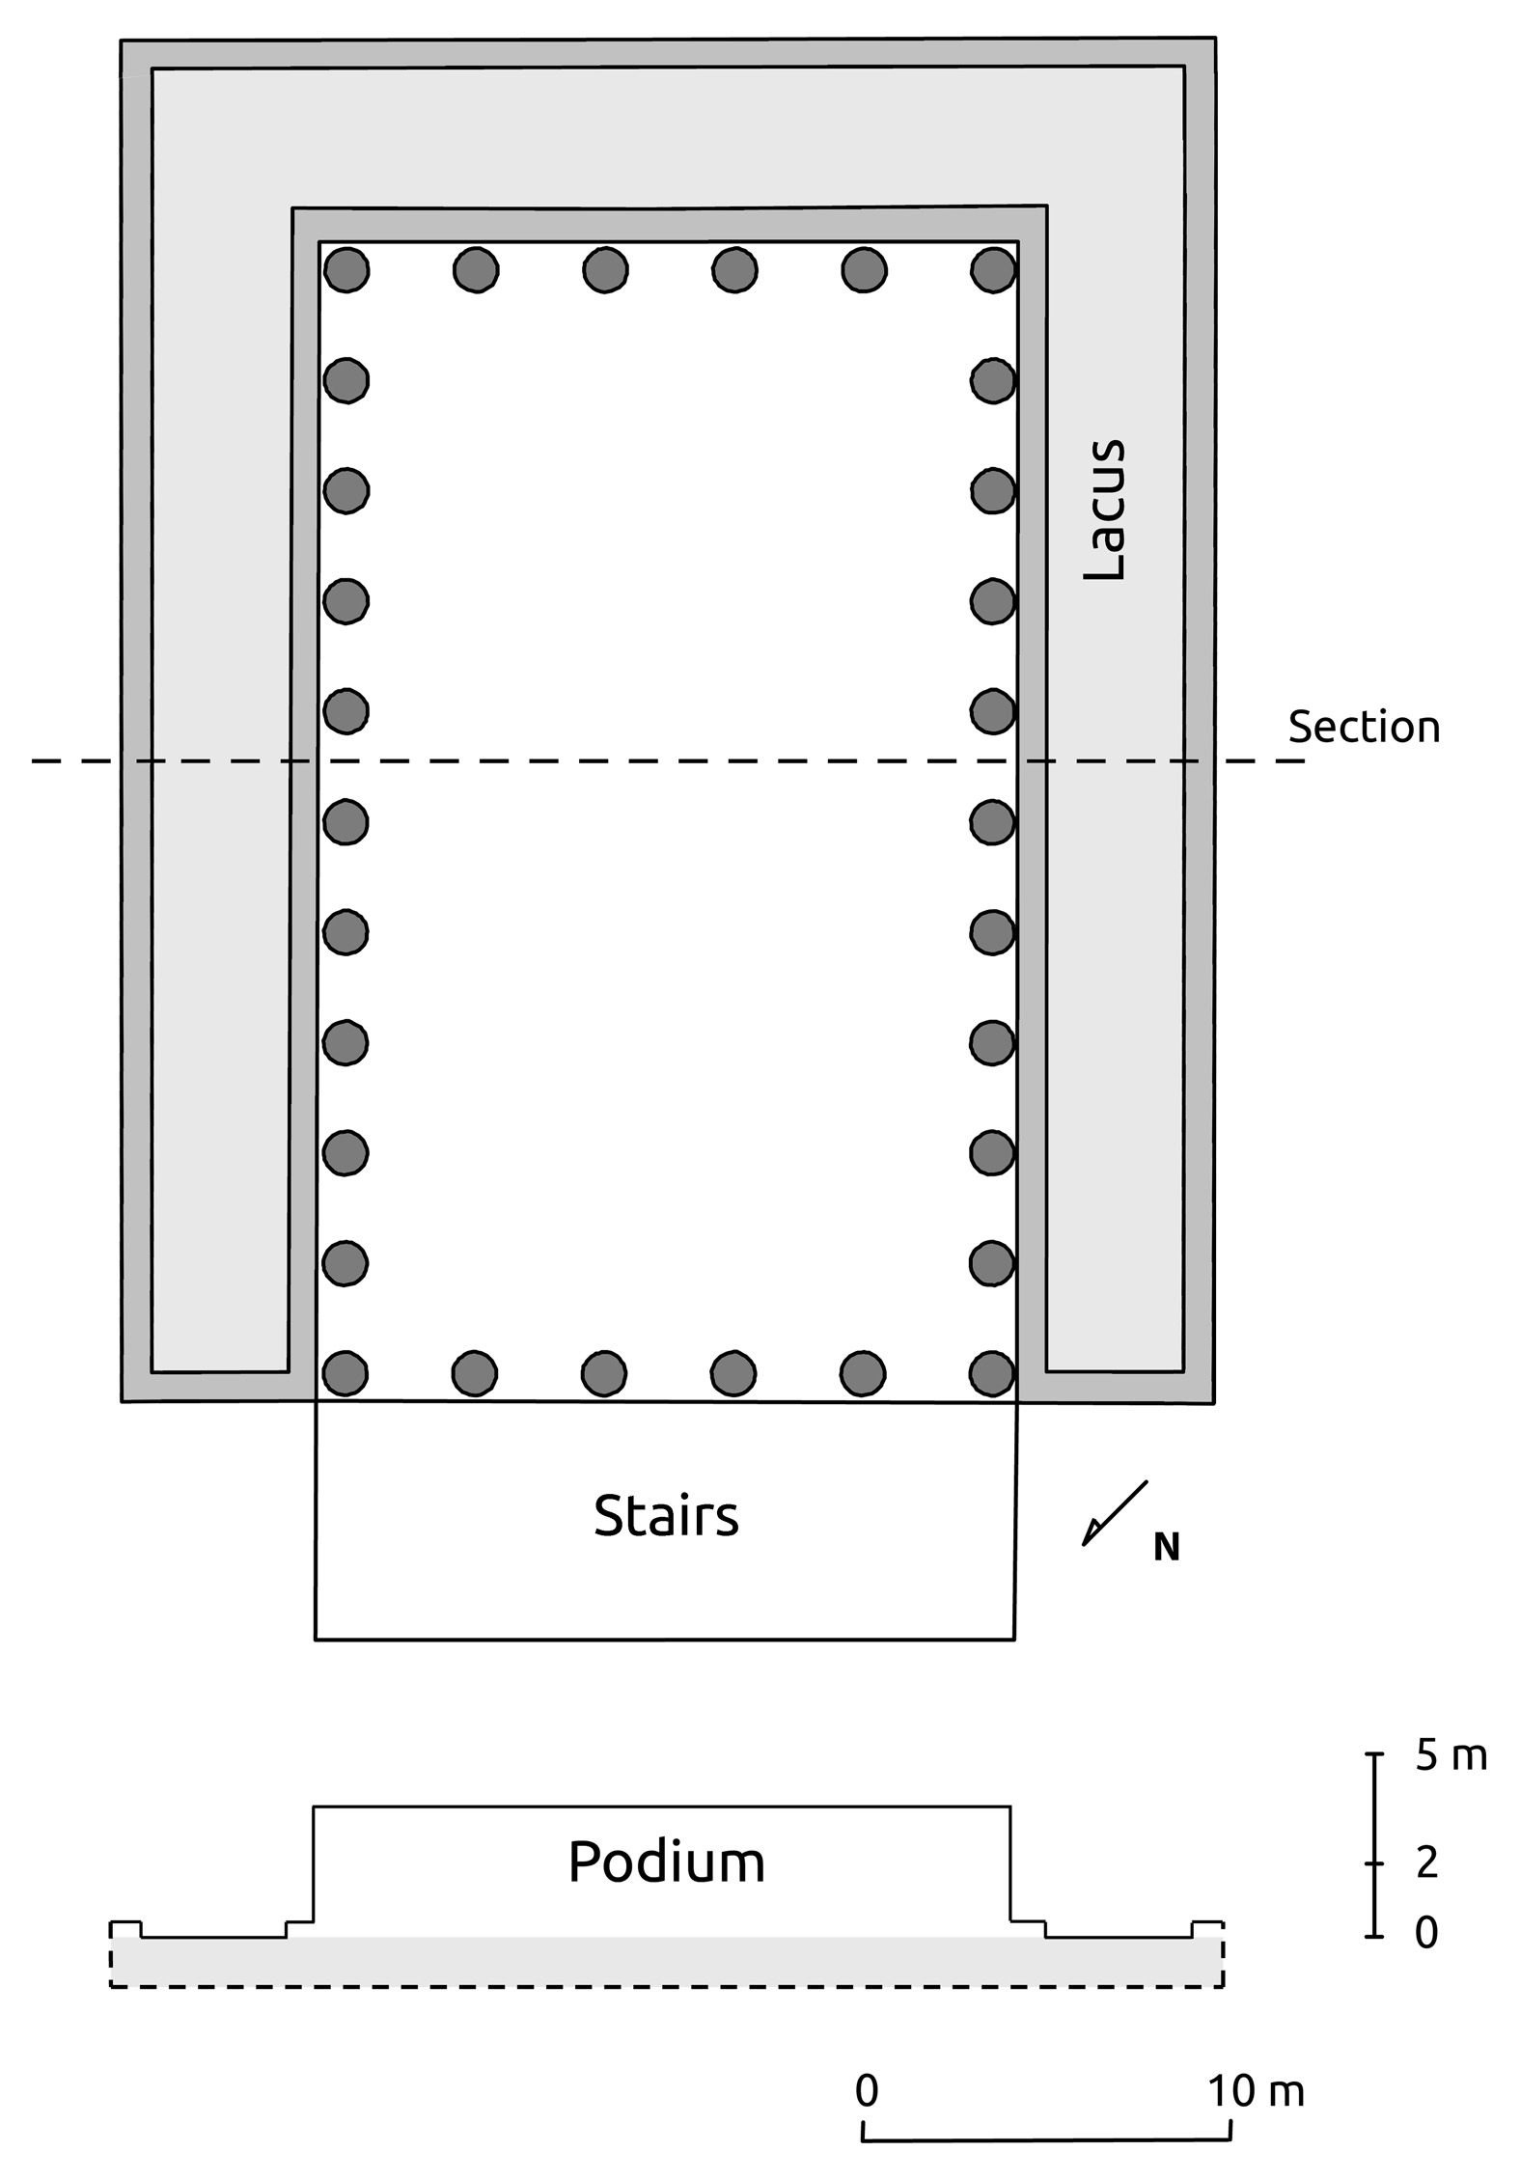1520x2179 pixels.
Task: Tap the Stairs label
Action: [x=666, y=1515]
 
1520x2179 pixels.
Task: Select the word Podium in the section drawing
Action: [x=666, y=1862]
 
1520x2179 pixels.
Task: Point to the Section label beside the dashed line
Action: [x=1364, y=727]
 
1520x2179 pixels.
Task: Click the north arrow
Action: [x=1115, y=1513]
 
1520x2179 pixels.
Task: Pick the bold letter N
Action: [x=1167, y=1548]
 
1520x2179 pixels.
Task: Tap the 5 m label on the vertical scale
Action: [x=1451, y=1755]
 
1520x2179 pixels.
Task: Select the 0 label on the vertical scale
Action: [x=1426, y=1933]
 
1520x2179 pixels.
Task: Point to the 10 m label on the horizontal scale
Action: [x=1256, y=2091]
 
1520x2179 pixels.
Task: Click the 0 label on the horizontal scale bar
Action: [x=867, y=2090]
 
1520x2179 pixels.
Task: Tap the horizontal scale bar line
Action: [x=1046, y=2138]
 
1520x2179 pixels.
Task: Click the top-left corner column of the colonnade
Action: [x=346, y=269]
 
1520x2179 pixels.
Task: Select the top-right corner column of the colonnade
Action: [x=993, y=269]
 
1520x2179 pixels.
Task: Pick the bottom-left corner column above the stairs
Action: [x=345, y=1373]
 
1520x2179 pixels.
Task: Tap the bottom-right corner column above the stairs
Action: [x=992, y=1373]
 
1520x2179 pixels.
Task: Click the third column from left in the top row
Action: [x=605, y=269]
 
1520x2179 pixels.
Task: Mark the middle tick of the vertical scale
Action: [x=1375, y=1863]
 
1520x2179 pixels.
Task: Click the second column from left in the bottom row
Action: [x=475, y=1373]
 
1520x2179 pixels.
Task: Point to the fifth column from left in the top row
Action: [x=864, y=269]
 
